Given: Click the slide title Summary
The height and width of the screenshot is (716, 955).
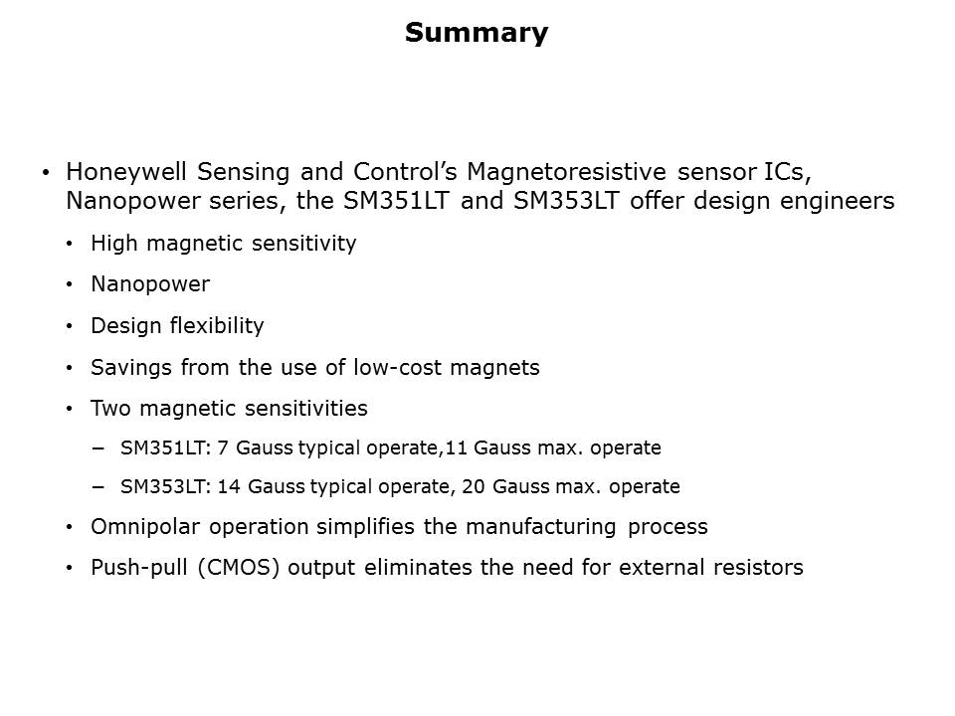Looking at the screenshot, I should (x=477, y=34).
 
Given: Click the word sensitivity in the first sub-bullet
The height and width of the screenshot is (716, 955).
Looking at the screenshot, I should (x=307, y=244).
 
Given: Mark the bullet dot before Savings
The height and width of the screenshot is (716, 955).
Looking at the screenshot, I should (x=69, y=368).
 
